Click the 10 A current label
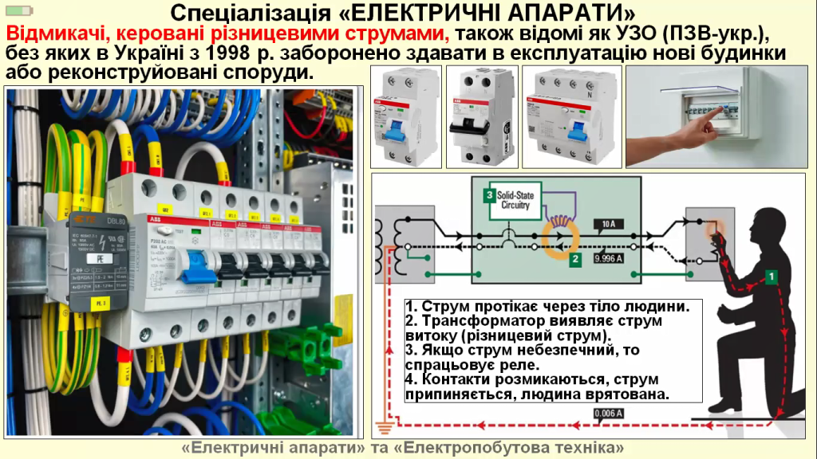[x=609, y=224]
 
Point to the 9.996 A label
[x=609, y=258]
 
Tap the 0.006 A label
[x=608, y=413]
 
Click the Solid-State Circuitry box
[x=514, y=200]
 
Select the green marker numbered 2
[x=574, y=258]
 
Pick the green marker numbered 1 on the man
[x=772, y=276]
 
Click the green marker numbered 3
[x=488, y=194]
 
